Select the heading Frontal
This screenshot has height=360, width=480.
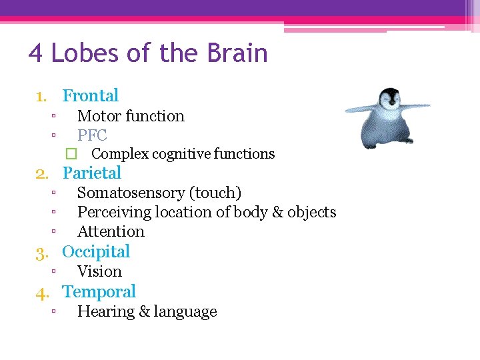(x=90, y=95)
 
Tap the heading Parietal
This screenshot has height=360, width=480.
(x=91, y=173)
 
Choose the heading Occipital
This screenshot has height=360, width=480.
(x=95, y=251)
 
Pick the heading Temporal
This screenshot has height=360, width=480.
(x=99, y=291)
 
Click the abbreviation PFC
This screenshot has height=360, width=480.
(x=92, y=135)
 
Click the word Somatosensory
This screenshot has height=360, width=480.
(x=131, y=193)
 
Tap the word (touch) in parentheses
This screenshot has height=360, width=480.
(x=215, y=193)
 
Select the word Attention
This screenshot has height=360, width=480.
(x=111, y=231)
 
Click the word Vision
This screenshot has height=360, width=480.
(x=99, y=271)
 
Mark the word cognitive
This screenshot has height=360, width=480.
(x=181, y=154)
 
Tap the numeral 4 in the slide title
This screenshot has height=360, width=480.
(x=35, y=53)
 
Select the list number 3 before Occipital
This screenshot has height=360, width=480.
(x=42, y=252)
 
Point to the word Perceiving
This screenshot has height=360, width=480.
(x=110, y=212)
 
